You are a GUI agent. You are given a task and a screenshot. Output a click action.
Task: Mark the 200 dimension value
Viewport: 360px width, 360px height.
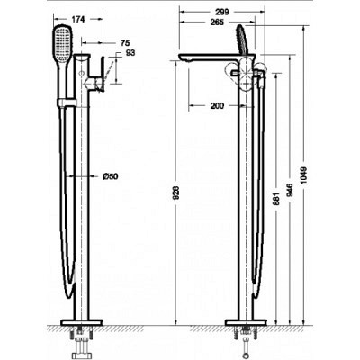[215, 107]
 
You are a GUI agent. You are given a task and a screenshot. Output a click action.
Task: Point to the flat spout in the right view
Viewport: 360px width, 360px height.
[207, 60]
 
